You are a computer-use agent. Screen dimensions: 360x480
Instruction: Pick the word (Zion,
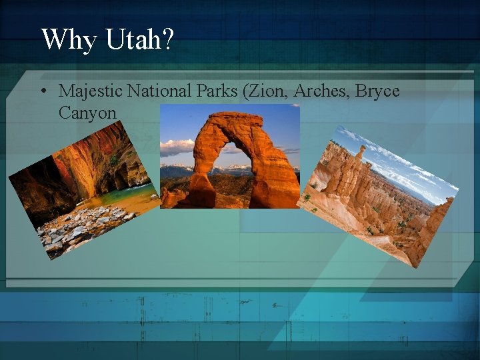click(x=267, y=91)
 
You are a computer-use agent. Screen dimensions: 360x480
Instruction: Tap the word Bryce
click(x=377, y=91)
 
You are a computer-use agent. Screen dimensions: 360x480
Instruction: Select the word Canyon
click(x=87, y=113)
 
